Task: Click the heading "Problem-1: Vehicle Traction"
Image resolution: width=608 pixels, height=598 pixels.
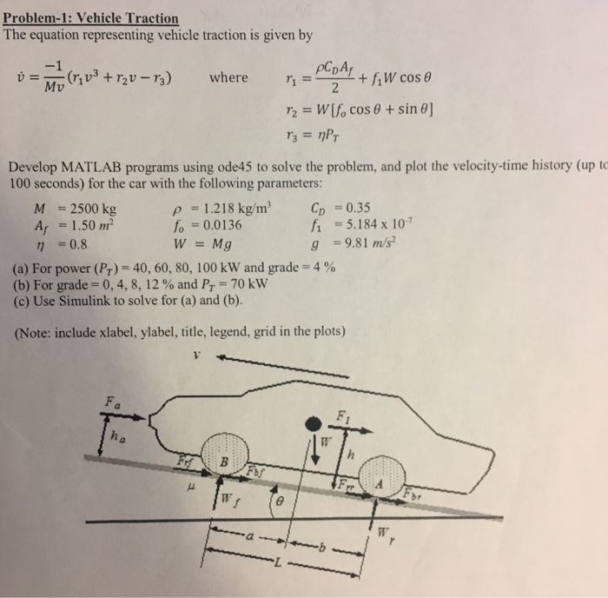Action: pos(91,18)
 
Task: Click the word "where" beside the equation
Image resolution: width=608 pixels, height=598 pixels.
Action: pos(228,77)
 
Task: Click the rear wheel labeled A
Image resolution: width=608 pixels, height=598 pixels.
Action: pos(379,484)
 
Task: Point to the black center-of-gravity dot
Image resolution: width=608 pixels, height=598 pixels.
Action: pos(314,423)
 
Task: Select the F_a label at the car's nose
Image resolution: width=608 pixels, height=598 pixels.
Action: pos(110,402)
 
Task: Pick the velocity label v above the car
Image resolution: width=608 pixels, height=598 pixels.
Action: pos(197,355)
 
